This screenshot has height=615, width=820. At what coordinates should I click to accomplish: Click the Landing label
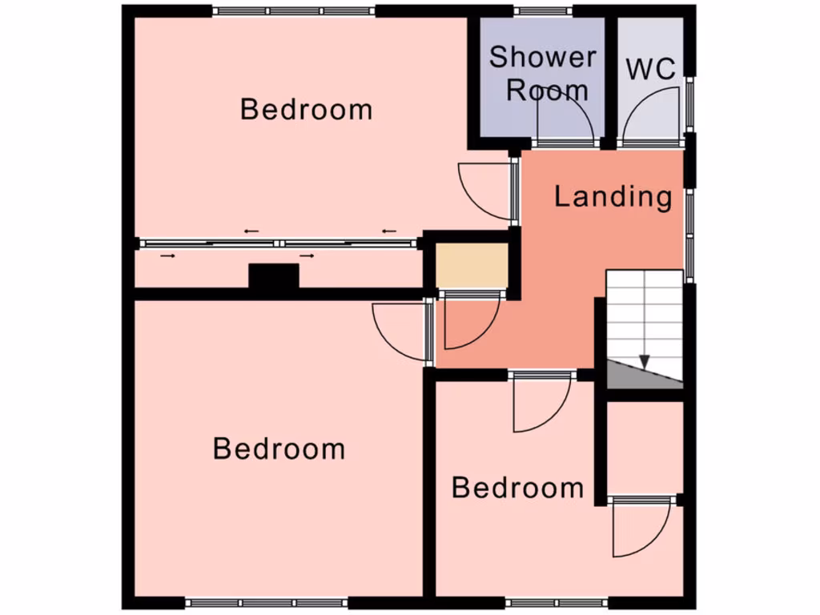pyautogui.click(x=613, y=196)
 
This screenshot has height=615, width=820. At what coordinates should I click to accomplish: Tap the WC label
pyautogui.click(x=650, y=69)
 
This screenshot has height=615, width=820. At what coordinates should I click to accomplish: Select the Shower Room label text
pyautogui.click(x=543, y=73)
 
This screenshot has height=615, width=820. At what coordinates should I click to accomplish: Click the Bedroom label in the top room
pyautogui.click(x=307, y=109)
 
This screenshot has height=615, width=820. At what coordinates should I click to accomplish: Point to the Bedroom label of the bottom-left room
pyautogui.click(x=279, y=448)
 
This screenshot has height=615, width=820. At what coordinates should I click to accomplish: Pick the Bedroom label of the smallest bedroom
pyautogui.click(x=517, y=488)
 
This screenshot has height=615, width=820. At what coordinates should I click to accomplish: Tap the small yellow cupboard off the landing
pyautogui.click(x=471, y=265)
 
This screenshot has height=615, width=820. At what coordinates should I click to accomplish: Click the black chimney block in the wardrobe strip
pyautogui.click(x=273, y=277)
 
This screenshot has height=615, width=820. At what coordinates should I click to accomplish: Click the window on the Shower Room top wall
pyautogui.click(x=543, y=11)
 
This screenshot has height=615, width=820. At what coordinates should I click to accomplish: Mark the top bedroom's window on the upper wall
pyautogui.click(x=294, y=11)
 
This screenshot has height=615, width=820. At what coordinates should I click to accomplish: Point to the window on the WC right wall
pyautogui.click(x=690, y=104)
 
